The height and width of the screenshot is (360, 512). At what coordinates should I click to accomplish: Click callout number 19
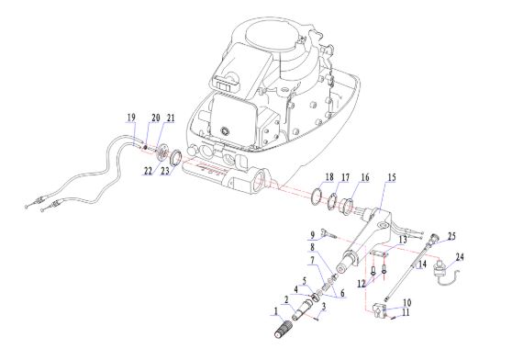131,118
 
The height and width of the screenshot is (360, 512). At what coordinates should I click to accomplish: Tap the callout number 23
165,171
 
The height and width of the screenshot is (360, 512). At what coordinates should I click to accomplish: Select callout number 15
392,177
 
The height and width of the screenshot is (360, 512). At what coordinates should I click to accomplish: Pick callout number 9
313,235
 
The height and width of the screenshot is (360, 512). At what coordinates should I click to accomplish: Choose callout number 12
361,284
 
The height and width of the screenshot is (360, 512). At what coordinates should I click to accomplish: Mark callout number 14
422,264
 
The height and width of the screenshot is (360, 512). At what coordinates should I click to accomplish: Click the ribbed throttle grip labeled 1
284,329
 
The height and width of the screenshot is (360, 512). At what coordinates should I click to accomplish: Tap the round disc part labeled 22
162,152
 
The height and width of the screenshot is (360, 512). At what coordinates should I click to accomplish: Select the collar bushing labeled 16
348,205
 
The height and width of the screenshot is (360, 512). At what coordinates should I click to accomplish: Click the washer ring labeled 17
333,201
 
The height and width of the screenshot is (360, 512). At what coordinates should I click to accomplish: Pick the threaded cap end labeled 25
435,238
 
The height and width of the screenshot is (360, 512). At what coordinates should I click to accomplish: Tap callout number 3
324,307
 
